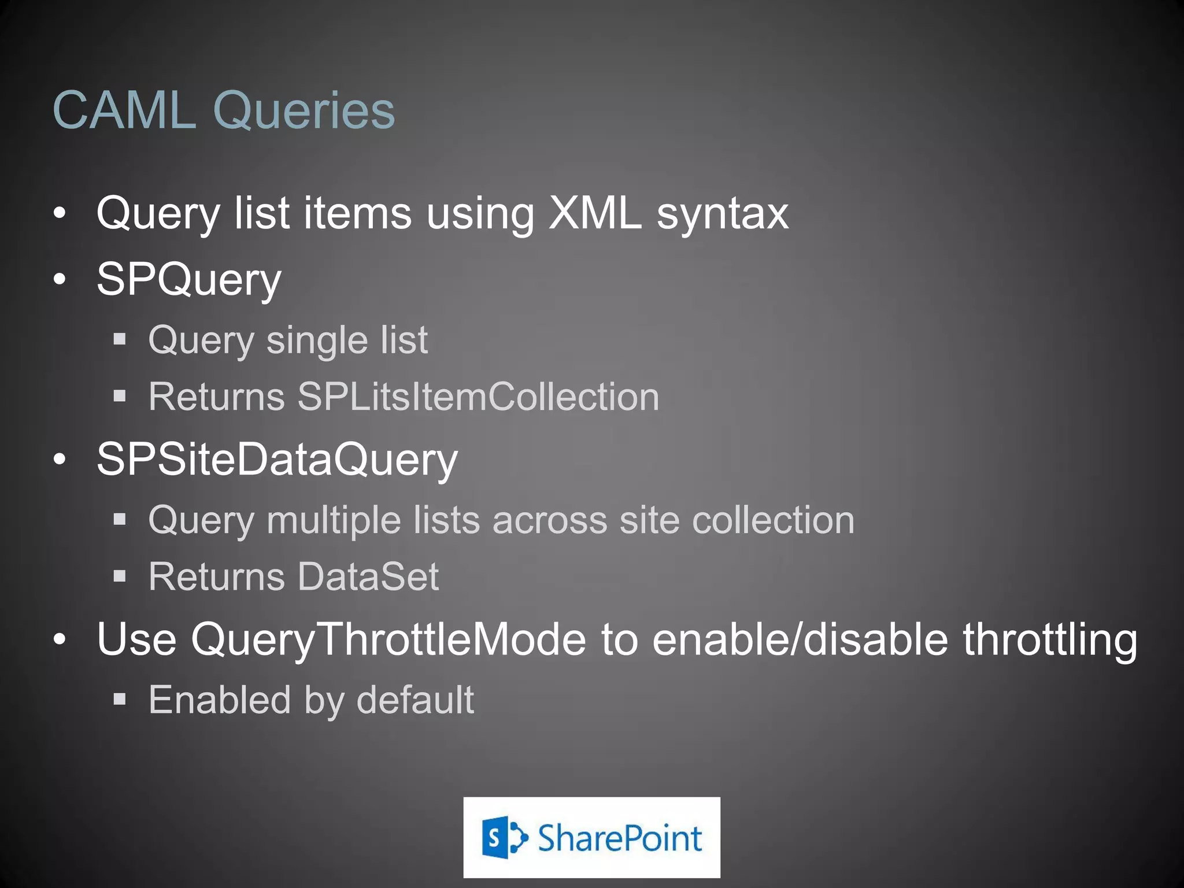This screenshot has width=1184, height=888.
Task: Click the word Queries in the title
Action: point(304,111)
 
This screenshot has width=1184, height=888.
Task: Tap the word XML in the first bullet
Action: point(595,213)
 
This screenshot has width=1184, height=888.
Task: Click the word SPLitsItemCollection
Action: point(478,397)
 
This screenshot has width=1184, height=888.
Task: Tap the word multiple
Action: point(333,520)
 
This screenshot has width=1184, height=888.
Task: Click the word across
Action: point(549,520)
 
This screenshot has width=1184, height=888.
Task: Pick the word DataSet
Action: point(368,576)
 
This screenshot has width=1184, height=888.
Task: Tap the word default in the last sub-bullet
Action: point(415,700)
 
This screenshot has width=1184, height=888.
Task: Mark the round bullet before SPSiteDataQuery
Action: point(60,460)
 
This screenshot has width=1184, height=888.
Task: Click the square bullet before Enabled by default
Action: point(120,700)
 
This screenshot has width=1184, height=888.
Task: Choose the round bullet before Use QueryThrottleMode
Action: point(60,640)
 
